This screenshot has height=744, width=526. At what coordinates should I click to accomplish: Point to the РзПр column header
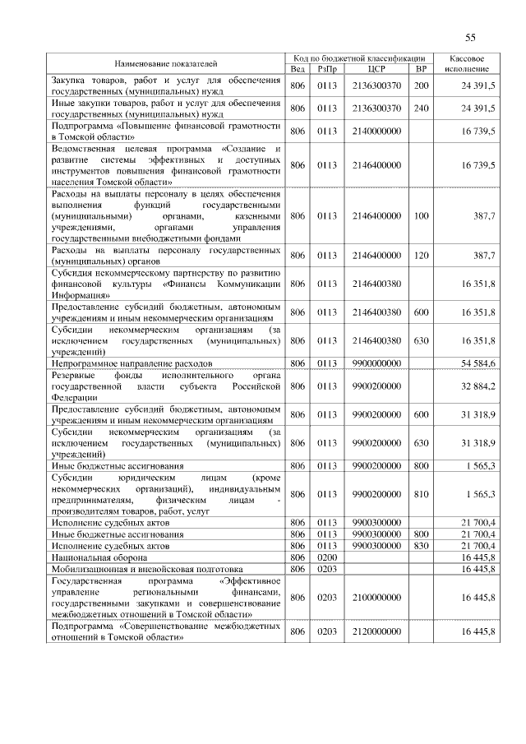tap(327, 68)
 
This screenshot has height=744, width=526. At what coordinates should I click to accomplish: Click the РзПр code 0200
tap(327, 557)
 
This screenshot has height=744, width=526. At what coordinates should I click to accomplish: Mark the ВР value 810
tap(422, 494)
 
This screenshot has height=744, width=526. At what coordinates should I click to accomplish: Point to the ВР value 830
tap(422, 545)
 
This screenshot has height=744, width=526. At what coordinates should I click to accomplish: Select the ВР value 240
tap(422, 108)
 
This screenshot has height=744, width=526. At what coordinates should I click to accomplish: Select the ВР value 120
tap(422, 256)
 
